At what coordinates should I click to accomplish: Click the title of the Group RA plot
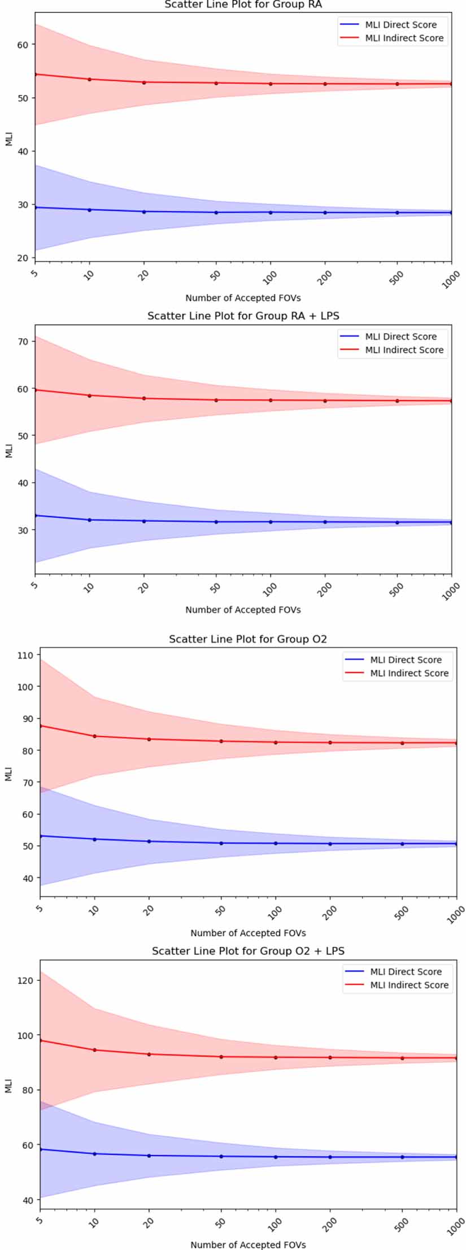243,5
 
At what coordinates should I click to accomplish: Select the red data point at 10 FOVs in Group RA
89,79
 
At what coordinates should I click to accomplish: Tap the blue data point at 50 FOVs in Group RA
216,213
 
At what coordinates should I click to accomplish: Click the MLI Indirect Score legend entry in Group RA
404,38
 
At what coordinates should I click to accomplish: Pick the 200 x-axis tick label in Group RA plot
326,277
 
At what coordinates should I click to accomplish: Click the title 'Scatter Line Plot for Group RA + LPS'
243,316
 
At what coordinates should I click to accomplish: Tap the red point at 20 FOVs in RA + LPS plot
144,399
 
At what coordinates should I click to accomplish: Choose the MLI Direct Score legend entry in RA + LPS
400,337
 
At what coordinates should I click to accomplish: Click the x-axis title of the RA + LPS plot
243,610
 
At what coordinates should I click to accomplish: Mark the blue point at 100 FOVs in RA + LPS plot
271,522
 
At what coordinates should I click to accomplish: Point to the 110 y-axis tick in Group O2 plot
26,655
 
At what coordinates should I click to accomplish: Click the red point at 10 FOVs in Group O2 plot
94,736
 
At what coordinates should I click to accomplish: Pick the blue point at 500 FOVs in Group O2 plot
402,844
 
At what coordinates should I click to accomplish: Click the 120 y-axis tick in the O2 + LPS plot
26,980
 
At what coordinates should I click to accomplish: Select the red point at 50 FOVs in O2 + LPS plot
221,1057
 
